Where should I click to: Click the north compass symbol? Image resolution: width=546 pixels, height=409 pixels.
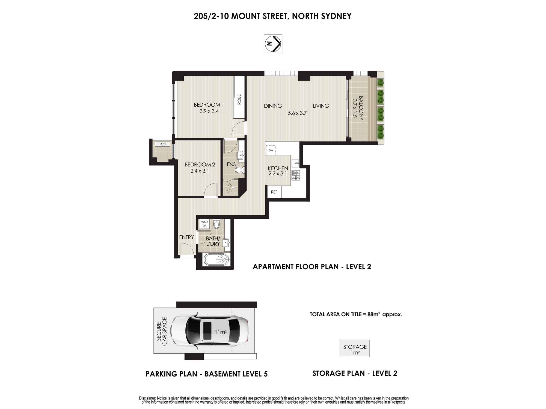point(273,44)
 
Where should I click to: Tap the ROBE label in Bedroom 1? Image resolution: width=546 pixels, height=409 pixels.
point(239,100)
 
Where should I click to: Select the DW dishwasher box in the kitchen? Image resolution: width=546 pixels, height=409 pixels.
point(271,150)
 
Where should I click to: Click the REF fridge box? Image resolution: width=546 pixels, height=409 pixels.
point(274,192)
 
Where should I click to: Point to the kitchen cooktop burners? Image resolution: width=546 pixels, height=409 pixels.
point(296,175)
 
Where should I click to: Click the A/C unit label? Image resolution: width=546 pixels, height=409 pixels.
point(163,144)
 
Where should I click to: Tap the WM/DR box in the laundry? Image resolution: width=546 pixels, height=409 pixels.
point(204,224)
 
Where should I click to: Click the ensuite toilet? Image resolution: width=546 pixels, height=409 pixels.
point(239,170)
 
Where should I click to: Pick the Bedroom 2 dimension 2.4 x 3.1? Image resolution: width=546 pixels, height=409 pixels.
point(200,171)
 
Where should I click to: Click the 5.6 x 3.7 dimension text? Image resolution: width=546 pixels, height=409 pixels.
point(297,113)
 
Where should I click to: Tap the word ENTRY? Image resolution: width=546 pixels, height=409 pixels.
point(186,237)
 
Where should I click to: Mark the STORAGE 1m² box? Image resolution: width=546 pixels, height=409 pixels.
point(355,348)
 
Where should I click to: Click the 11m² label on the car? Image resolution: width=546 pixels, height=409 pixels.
point(221,332)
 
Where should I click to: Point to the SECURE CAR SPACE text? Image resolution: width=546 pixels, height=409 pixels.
point(162,331)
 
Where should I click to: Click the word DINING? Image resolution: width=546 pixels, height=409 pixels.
point(273,106)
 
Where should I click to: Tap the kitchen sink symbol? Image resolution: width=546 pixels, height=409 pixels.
point(296,163)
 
